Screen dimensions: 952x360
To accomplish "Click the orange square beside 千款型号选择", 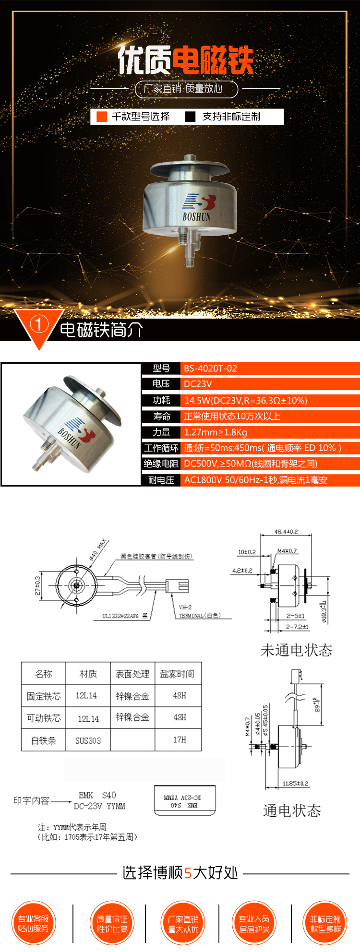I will tap(102, 117).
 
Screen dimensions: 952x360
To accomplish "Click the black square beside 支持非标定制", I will tap(191, 117).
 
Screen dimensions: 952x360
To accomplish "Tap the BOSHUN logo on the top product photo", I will tap(197, 207).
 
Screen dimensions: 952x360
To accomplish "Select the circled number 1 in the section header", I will tap(39, 324).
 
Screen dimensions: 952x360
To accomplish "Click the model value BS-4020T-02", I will tap(211, 369).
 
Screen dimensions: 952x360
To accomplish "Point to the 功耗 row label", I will tap(161, 400).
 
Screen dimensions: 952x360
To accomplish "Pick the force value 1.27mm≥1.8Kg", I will tap(216, 432).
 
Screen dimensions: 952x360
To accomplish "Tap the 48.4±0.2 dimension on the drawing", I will tap(286, 532).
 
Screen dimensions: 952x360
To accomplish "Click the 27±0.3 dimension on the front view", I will tap(38, 586).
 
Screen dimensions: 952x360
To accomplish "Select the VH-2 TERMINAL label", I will tap(199, 611).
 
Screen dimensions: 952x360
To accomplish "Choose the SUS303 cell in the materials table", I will tap(88, 740).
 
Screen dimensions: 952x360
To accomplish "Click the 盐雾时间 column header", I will tap(177, 674).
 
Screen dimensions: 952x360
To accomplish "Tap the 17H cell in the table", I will tap(180, 740).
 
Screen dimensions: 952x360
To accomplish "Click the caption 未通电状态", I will tap(296, 650).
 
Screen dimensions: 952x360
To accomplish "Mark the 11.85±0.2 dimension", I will tap(295, 784).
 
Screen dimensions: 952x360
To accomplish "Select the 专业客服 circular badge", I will tap(34, 923).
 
